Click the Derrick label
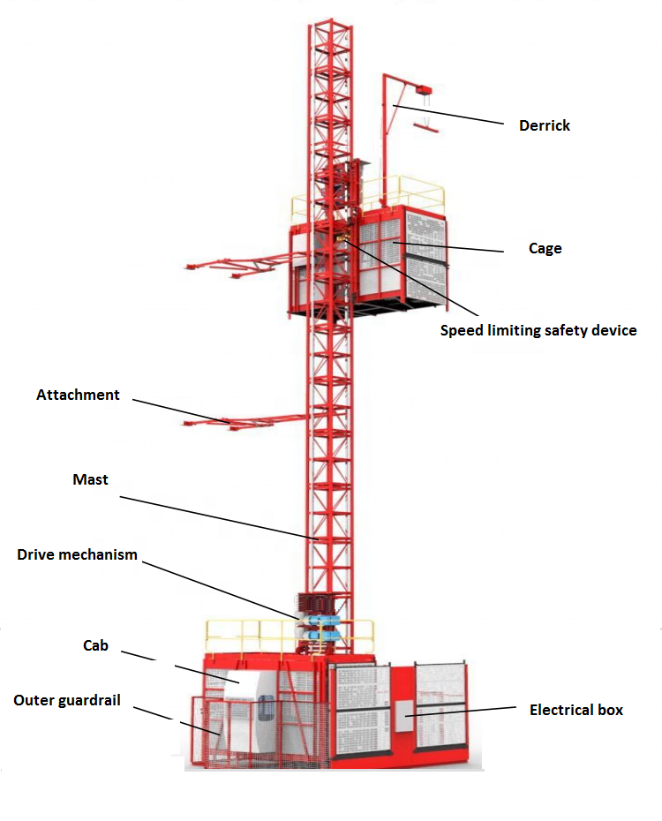tap(544, 125)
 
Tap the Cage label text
tap(545, 248)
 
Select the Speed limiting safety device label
tap(538, 331)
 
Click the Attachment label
tap(78, 395)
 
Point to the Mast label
tap(90, 479)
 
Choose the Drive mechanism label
tap(78, 554)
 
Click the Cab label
tap(95, 645)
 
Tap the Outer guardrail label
tap(67, 700)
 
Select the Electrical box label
tap(575, 710)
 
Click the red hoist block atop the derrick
tap(422, 89)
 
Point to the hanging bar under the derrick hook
tap(426, 129)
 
